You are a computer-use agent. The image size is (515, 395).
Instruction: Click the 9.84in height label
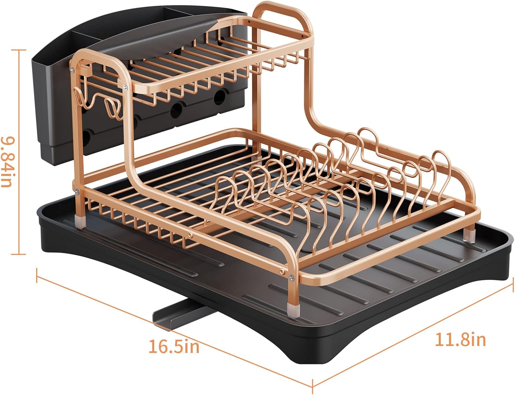7,162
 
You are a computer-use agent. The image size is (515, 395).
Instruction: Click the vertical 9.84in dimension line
19,152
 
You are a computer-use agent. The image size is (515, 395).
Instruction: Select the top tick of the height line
19,50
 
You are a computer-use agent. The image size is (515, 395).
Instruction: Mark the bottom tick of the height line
19,254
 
